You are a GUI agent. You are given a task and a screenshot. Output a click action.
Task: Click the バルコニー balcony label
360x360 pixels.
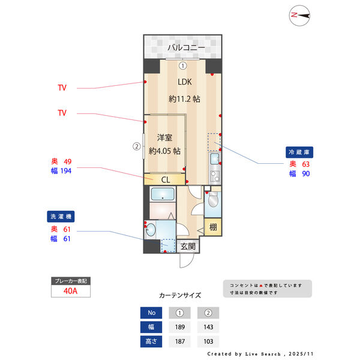click(x=186, y=47)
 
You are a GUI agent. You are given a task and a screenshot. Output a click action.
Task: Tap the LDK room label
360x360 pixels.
click(x=184, y=83)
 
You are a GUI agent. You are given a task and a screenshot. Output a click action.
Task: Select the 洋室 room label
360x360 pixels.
click(x=165, y=137)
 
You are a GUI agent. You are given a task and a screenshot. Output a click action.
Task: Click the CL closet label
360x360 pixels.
click(x=165, y=179)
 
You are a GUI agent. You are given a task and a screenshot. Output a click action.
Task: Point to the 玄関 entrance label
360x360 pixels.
click(x=188, y=246)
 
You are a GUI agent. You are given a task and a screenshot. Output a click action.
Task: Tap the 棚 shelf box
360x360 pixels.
click(x=213, y=227)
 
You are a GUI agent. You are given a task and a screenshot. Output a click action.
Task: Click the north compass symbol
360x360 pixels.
click(x=299, y=15)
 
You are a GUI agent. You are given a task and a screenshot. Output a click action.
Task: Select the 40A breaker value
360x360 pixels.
click(x=70, y=291)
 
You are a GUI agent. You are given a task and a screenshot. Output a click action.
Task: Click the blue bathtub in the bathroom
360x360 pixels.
click(x=162, y=194)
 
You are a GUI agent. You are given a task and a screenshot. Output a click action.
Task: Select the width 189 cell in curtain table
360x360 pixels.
click(x=179, y=328)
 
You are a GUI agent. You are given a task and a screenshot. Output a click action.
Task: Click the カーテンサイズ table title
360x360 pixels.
click(x=180, y=296)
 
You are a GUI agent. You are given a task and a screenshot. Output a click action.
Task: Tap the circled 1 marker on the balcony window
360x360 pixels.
click(x=183, y=66)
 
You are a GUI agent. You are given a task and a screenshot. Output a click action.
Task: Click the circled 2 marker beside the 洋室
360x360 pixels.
click(x=136, y=146)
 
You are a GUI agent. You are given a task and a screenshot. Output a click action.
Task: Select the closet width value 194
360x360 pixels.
click(x=65, y=172)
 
